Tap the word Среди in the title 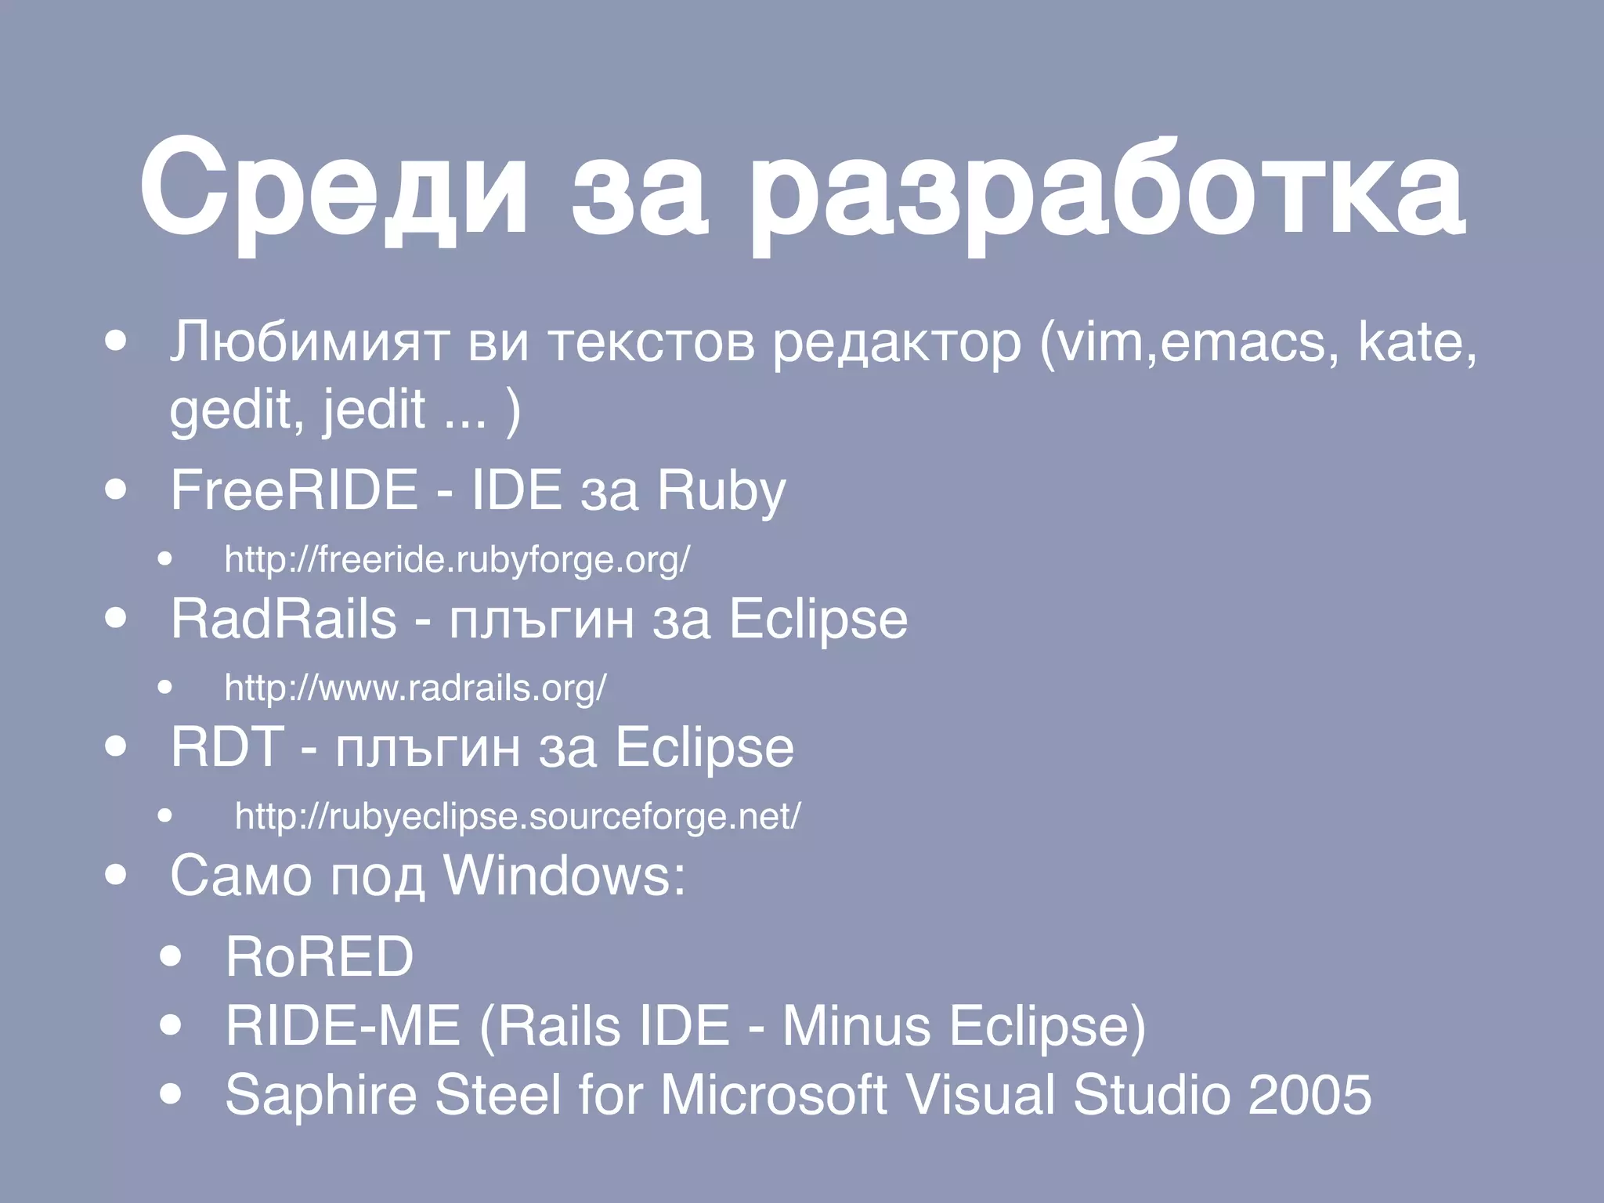334,188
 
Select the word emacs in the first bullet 1241,342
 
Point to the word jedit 374,409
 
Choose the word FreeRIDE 294,490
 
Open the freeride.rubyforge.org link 457,560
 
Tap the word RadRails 284,619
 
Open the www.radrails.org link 415,688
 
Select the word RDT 227,746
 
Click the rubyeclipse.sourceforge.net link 518,817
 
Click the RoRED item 319,956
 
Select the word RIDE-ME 343,1025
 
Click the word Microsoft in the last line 773,1094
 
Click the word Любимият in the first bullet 309,342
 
